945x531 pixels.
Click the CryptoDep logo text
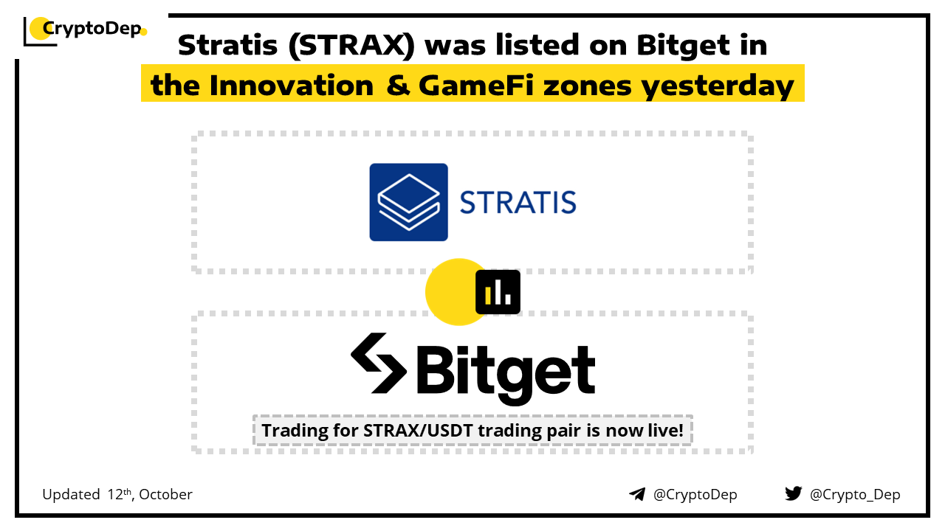[92, 29]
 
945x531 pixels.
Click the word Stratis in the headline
[228, 45]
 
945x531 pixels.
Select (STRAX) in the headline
[352, 46]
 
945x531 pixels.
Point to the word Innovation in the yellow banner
[292, 86]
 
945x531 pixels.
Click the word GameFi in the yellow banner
[476, 86]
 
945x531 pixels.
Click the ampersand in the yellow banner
[398, 86]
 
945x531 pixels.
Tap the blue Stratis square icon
[408, 202]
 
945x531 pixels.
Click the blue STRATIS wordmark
[518, 203]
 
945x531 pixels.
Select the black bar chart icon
[498, 292]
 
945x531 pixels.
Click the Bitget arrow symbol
[379, 363]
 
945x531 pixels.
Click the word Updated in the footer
[71, 494]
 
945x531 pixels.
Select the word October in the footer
[165, 494]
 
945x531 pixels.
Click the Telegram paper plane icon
[637, 494]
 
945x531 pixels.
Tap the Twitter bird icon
[793, 493]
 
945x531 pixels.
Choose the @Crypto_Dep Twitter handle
[855, 495]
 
